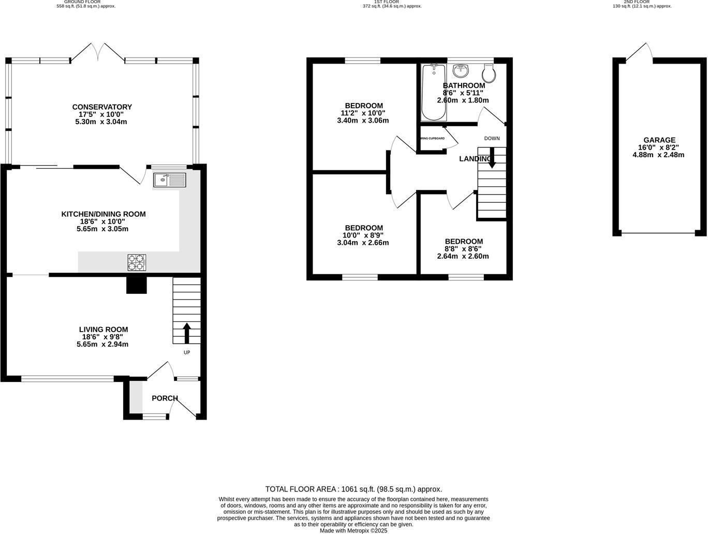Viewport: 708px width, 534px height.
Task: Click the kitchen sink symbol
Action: click(170, 180)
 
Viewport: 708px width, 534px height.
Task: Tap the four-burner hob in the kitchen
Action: click(137, 263)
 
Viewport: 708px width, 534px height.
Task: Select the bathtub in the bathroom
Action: click(433, 92)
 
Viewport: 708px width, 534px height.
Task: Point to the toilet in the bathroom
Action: click(489, 73)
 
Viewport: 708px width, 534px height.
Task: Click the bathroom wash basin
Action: click(460, 70)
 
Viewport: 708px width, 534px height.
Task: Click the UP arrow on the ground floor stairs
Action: click(186, 333)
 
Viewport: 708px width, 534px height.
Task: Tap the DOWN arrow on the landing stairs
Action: click(491, 158)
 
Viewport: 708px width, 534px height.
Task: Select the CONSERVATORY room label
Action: click(102, 107)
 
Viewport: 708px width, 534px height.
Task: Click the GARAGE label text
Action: click(659, 140)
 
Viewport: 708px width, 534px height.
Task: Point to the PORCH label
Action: click(165, 398)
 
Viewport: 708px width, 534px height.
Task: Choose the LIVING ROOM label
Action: click(103, 329)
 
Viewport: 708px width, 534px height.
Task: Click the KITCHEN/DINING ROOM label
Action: click(104, 214)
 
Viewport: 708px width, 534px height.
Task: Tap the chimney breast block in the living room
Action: click(137, 285)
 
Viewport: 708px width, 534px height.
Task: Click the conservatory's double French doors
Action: click(97, 52)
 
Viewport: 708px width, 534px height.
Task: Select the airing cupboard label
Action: click(432, 139)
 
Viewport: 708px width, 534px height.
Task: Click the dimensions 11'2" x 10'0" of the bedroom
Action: click(362, 113)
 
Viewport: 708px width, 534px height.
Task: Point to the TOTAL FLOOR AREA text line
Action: click(353, 489)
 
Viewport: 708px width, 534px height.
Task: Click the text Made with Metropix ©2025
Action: click(353, 530)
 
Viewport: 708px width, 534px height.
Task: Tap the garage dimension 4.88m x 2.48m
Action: click(658, 155)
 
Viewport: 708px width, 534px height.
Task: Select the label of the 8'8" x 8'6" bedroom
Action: click(464, 241)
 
